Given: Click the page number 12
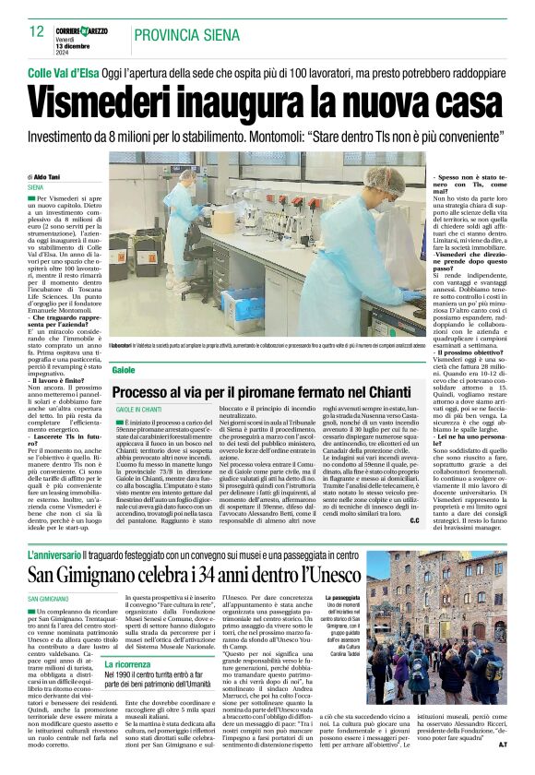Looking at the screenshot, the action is point(36,32).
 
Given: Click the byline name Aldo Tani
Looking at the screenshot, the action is point(49,176).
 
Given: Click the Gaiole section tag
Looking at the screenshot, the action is point(123,369).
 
